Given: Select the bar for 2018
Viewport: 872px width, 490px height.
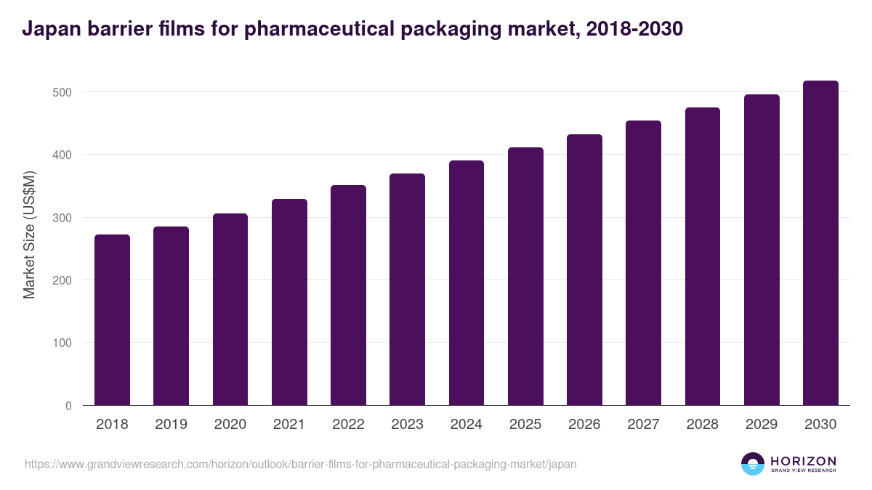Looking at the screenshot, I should click(x=112, y=320).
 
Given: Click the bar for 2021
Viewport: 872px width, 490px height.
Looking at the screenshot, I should click(x=289, y=302).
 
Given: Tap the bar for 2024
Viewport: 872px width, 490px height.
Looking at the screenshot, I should click(x=467, y=283).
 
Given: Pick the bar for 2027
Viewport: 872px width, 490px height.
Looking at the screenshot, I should click(x=643, y=263).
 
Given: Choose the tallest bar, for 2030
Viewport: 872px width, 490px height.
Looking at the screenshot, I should click(x=820, y=243).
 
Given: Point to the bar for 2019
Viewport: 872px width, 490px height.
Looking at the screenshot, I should click(x=171, y=316).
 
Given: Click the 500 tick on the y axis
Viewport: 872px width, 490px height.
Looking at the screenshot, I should click(x=62, y=92).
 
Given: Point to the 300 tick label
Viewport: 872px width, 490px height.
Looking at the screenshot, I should click(x=62, y=218).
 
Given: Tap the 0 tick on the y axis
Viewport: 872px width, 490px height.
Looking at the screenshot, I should click(x=68, y=406).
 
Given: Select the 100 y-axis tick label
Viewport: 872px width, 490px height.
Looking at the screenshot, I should click(x=62, y=343).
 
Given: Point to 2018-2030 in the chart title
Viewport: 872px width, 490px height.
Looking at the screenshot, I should click(x=632, y=29).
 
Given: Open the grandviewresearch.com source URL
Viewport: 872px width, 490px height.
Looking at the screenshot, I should click(x=301, y=464).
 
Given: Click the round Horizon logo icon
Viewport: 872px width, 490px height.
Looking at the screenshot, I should click(x=753, y=464).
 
